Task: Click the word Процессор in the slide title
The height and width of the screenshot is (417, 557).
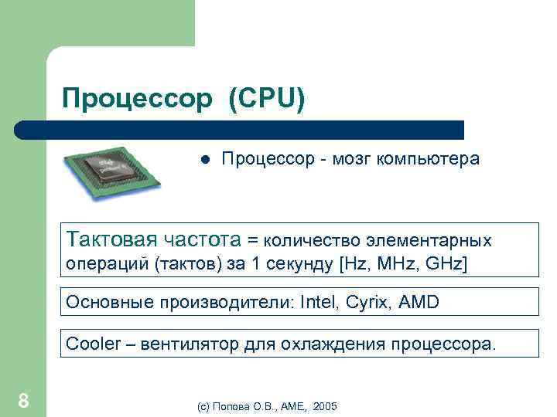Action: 136,99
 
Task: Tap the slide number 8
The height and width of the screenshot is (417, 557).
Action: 24,400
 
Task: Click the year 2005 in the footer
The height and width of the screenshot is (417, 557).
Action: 326,406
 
